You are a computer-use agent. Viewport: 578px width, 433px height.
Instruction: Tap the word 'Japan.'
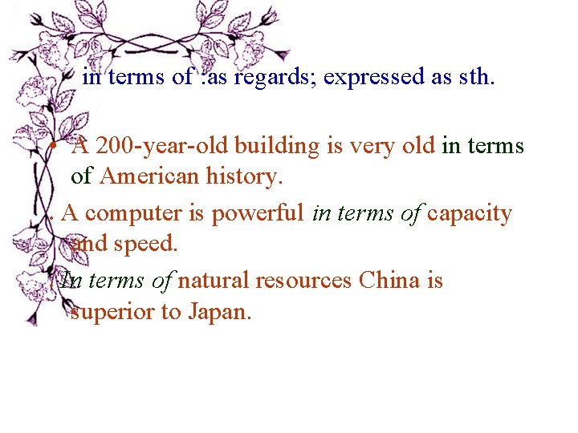(218, 312)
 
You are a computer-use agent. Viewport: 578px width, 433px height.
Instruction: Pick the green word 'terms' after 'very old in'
(495, 147)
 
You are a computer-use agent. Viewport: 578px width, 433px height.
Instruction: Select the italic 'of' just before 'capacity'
(412, 214)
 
